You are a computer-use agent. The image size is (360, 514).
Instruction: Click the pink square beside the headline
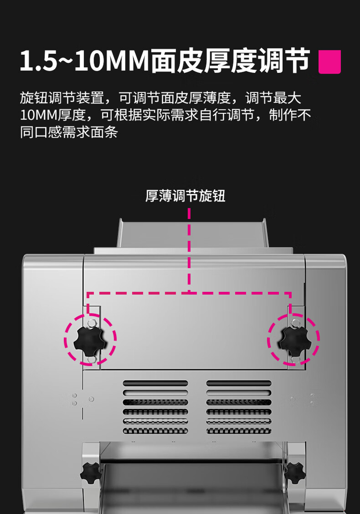pyautogui.click(x=329, y=61)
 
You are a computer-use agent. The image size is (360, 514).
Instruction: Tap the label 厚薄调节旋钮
pyautogui.click(x=185, y=196)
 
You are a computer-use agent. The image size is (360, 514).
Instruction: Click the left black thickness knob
pyautogui.click(x=90, y=341)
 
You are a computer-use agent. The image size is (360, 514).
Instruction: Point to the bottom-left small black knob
pyautogui.click(x=90, y=473)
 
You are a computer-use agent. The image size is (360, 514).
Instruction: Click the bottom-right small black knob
pyautogui.click(x=295, y=473)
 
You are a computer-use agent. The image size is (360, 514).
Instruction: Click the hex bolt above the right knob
pyautogui.click(x=294, y=323)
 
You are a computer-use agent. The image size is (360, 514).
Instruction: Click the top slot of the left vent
pyautogui.click(x=156, y=383)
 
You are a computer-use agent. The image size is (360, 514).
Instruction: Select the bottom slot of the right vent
pyautogui.click(x=239, y=431)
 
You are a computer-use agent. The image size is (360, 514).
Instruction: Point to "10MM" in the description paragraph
pyautogui.click(x=39, y=115)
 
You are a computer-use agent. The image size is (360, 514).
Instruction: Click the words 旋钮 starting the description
pyautogui.click(x=34, y=98)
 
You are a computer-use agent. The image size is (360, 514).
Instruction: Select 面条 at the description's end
pyautogui.click(x=104, y=132)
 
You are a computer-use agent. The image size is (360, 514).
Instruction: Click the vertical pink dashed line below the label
pyautogui.click(x=189, y=250)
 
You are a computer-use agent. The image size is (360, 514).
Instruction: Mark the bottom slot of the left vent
pyautogui.click(x=156, y=431)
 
